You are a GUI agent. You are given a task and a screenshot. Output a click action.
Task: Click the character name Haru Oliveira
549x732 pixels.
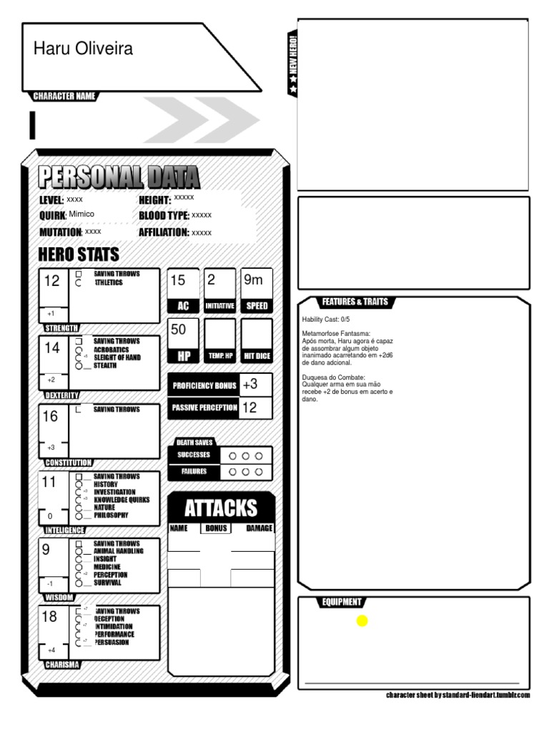(83, 49)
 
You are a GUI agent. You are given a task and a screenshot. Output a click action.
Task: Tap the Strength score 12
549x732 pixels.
(52, 281)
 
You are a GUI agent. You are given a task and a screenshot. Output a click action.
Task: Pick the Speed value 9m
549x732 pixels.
(254, 280)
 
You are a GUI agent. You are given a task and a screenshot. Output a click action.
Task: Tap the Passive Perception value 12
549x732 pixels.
(249, 407)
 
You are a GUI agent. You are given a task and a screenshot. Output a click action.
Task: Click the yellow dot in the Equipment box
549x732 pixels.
(362, 620)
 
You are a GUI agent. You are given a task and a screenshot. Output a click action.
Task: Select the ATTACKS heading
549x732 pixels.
(221, 508)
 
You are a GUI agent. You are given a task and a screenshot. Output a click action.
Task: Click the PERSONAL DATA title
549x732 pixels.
(119, 177)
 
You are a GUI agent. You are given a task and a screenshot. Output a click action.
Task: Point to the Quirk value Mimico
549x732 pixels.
(81, 214)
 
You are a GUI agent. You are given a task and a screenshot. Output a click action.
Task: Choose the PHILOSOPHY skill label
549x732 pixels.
(111, 515)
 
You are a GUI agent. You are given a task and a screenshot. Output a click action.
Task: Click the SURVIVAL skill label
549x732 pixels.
(107, 582)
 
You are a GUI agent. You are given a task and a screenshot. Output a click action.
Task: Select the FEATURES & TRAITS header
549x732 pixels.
(355, 302)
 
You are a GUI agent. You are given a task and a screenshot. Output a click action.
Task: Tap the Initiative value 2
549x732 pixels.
(211, 280)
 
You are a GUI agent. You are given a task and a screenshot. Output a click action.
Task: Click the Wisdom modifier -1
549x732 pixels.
(50, 583)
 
